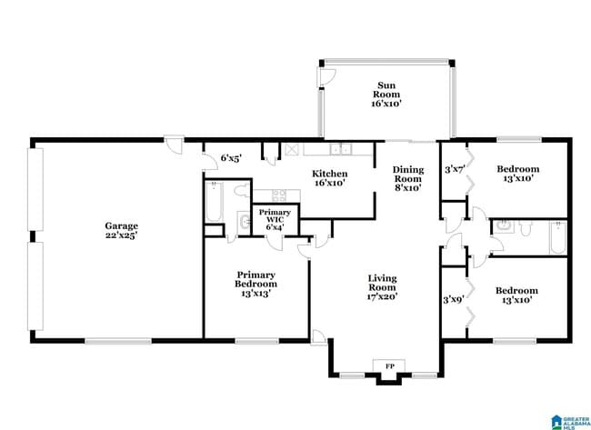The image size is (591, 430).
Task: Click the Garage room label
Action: click(121, 226)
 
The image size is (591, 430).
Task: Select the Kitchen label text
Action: click(329, 173)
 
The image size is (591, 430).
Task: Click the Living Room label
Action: click(382, 282)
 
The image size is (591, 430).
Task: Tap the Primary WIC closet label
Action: click(274, 215)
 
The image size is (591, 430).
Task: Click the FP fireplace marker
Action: click(389, 365)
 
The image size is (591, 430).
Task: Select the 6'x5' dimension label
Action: click(230, 158)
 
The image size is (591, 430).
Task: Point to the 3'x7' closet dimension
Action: click(454, 168)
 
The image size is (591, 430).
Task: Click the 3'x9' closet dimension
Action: click(453, 298)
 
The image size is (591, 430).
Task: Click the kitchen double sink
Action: click(341, 150)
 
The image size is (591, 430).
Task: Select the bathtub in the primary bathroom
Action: click(214, 202)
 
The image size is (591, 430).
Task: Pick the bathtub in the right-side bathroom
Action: click(556, 238)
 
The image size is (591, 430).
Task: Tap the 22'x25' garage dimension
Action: click(121, 236)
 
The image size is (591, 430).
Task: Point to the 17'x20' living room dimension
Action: click(382, 296)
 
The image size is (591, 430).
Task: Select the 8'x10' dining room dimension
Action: click(407, 188)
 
